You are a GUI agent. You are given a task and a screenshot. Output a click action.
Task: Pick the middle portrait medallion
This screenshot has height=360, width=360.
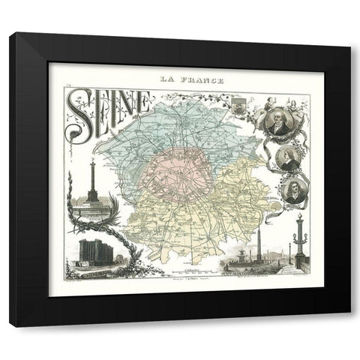[x=288, y=158]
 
